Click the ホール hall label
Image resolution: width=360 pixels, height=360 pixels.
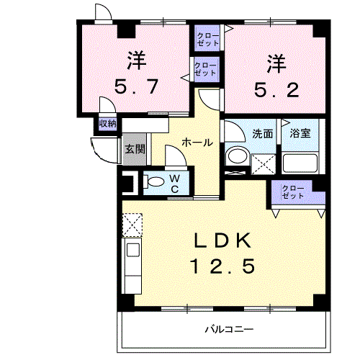tap(197, 143)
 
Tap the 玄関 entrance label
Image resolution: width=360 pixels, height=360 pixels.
tap(135, 149)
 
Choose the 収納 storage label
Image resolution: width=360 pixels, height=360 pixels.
tap(107, 124)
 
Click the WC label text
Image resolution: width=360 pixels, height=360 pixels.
tap(174, 183)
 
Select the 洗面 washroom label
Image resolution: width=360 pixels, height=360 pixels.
tap(262, 133)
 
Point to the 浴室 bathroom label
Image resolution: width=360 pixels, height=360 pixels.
tap(300, 133)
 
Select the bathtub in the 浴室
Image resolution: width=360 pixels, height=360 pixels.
tap(300, 162)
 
